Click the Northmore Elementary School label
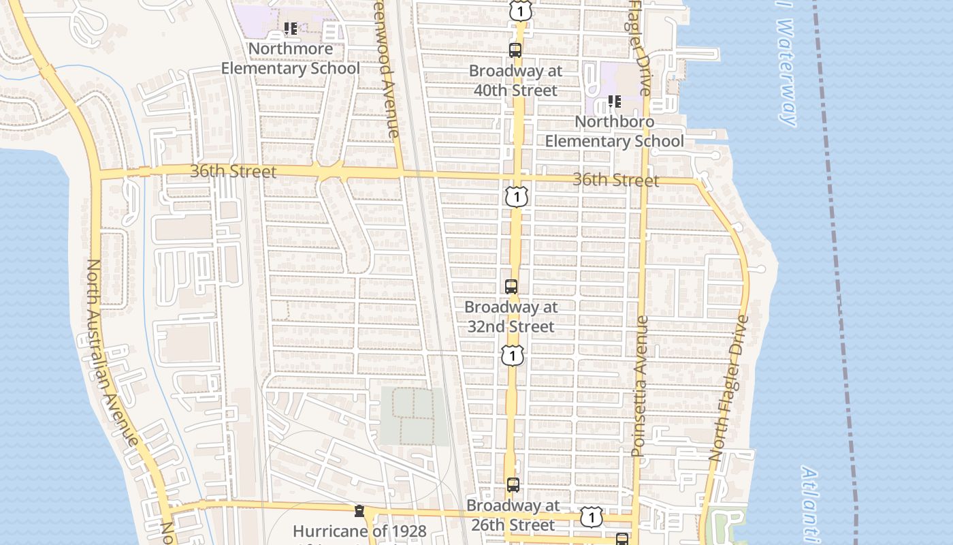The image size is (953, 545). click(291, 59)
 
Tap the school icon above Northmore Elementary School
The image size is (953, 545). click(291, 29)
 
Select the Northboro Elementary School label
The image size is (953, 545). click(614, 131)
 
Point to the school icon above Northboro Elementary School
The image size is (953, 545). click(615, 102)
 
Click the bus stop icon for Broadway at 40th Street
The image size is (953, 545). click(515, 50)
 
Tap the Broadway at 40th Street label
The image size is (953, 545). click(516, 80)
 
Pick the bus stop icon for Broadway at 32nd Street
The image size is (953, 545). click(511, 287)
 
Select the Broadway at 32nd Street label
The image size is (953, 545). click(511, 317)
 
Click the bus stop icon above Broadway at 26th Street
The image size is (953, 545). click(513, 485)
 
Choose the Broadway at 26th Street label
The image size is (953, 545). click(513, 516)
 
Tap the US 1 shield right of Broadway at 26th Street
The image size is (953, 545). click(592, 517)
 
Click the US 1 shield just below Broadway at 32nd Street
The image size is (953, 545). click(513, 355)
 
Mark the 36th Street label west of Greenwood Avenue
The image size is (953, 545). click(233, 171)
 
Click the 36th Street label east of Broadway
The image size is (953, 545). click(615, 180)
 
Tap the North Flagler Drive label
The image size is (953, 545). click(729, 388)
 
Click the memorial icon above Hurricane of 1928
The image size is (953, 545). click(359, 511)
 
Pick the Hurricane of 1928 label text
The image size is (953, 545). click(359, 531)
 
